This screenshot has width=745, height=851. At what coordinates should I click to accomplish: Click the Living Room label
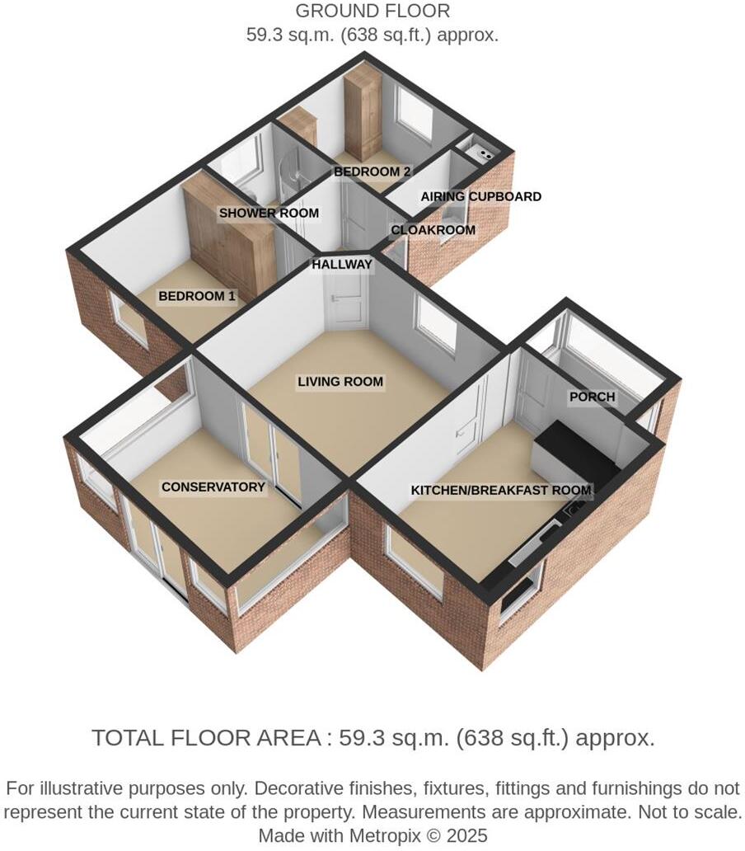point(340,382)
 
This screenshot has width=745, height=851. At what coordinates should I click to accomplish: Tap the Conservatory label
point(213,487)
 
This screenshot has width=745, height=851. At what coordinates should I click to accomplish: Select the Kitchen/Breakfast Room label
point(501,491)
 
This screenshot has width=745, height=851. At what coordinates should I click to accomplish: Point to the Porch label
point(592,397)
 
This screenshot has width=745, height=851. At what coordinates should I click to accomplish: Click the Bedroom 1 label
point(197,296)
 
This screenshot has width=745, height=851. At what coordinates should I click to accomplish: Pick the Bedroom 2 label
point(372,172)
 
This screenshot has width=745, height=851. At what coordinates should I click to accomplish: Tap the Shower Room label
point(269,213)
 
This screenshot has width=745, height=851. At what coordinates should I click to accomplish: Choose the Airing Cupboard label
point(480,196)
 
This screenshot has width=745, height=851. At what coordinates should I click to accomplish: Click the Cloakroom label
point(433,230)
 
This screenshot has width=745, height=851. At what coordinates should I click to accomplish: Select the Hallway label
point(342,265)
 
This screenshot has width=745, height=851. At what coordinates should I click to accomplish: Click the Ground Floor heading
point(372,12)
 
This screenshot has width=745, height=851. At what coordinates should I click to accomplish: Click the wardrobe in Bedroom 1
point(231,239)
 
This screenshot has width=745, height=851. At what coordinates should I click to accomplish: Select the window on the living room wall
point(436,326)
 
